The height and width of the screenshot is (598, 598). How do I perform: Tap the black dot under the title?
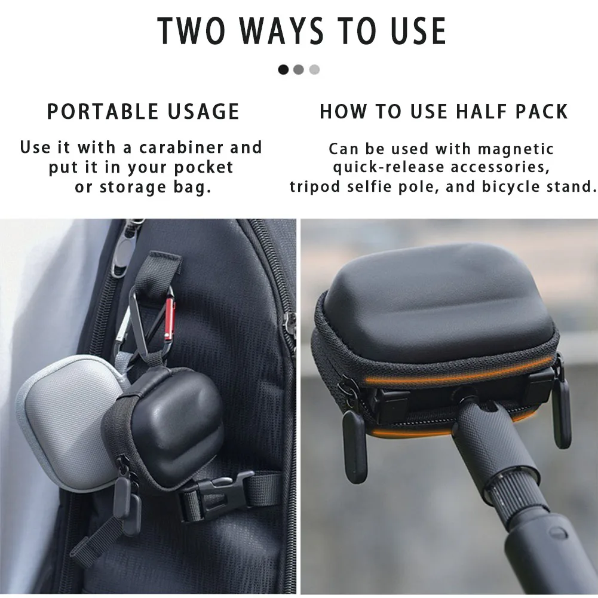click(x=283, y=70)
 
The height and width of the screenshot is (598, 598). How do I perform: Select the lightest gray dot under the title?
click(x=314, y=70)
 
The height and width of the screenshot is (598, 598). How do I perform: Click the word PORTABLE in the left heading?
click(x=102, y=112)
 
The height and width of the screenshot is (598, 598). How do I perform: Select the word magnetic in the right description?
click(x=516, y=149)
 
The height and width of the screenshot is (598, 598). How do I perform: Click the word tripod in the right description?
click(x=315, y=187)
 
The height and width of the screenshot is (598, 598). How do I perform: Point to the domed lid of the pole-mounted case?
click(x=438, y=301)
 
